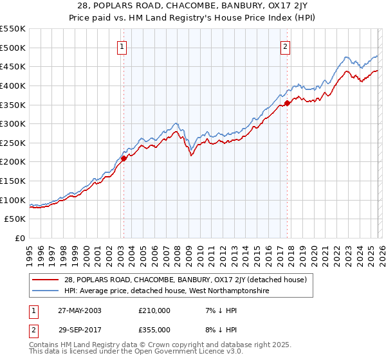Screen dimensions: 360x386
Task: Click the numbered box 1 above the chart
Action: point(122,46)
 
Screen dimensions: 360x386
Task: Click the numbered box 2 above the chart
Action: point(285,46)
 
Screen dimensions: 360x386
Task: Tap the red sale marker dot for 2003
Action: point(124,158)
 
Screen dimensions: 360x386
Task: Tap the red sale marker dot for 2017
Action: point(287,102)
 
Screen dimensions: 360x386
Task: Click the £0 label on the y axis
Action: point(19,239)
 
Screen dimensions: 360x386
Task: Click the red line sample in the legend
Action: point(46,280)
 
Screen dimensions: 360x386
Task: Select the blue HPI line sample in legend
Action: point(46,291)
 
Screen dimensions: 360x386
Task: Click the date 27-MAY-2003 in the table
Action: point(77,310)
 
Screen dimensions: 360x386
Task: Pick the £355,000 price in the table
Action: point(154,328)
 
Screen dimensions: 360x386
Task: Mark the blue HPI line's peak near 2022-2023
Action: point(346,57)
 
